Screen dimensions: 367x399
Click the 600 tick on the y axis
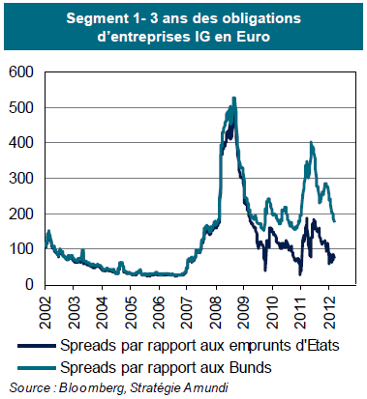pos(21,72)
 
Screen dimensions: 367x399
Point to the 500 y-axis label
pos(21,107)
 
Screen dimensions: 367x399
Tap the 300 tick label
pos(21,178)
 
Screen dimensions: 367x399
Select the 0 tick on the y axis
pos(29,284)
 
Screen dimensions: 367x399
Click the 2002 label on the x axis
pos(45,312)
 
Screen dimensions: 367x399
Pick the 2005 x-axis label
pos(130,312)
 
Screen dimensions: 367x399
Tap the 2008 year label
pos(215,312)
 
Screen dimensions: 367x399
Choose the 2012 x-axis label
pos(328,312)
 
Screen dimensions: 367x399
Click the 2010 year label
pos(272,312)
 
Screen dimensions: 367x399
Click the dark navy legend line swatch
pos(37,346)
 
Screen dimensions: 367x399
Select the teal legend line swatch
pos(37,368)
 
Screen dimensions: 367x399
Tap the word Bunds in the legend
pos(250,367)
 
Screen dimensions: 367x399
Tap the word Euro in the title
pos(253,37)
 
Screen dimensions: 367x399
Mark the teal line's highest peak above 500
pos(234,98)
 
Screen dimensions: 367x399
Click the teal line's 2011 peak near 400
pos(311,142)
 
